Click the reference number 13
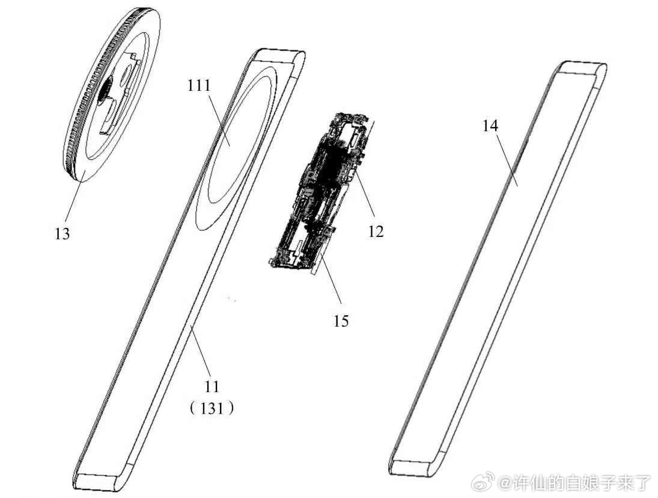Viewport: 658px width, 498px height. [x=62, y=233]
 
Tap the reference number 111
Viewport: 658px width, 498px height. [x=199, y=86]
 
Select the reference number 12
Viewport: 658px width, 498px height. [x=376, y=230]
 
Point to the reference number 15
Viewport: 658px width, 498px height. [x=341, y=320]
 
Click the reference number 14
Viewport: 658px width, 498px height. [x=490, y=126]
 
